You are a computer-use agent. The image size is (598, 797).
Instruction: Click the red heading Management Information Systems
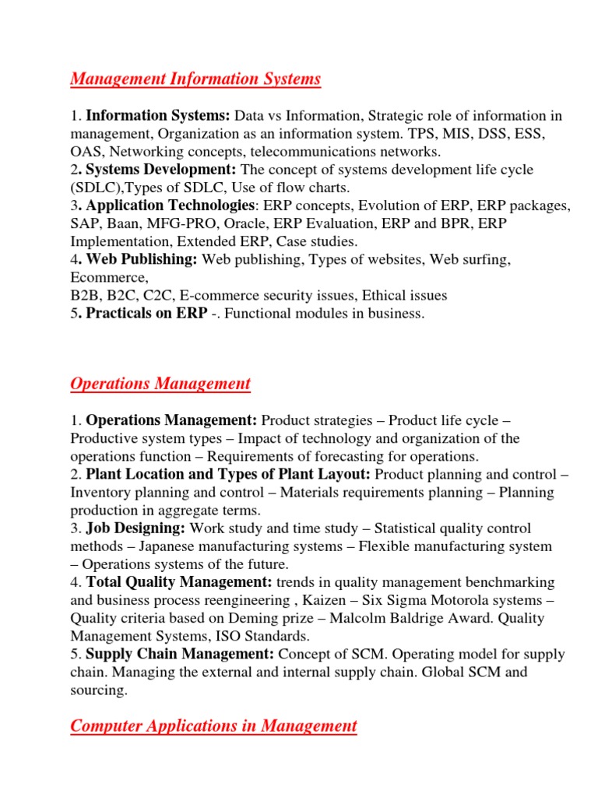click(x=195, y=79)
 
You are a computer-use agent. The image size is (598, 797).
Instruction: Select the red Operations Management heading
click(x=160, y=384)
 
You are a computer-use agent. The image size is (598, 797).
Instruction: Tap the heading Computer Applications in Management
click(x=213, y=726)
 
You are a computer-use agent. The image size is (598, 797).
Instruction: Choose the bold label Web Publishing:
click(x=141, y=259)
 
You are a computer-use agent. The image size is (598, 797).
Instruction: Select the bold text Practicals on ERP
click(x=146, y=313)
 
